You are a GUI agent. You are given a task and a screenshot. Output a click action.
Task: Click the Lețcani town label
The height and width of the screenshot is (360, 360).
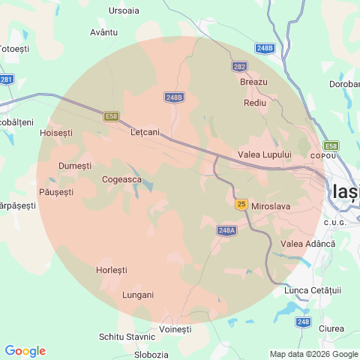[x=145, y=132]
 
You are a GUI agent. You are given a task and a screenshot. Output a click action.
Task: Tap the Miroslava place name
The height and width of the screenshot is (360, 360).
[x=271, y=205]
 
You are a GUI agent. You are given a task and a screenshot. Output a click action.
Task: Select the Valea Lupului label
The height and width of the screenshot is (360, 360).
[x=264, y=154]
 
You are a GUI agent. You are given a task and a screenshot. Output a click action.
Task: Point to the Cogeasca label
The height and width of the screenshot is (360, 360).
[x=121, y=179]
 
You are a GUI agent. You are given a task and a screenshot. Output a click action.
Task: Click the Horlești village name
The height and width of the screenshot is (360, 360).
[x=112, y=269]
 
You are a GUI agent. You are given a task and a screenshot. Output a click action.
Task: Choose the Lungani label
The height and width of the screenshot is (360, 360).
[x=137, y=295]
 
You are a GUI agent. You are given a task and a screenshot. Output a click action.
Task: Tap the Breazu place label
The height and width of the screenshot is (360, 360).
[x=253, y=82]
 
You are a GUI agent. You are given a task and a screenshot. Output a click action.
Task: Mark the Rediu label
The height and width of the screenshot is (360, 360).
[x=255, y=102]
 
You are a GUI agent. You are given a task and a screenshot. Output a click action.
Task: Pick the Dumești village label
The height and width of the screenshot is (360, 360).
[x=75, y=165]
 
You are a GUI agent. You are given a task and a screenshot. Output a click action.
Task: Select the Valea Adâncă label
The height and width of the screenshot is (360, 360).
[x=308, y=244]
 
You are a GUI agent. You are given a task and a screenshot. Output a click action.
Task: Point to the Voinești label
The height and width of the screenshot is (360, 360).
[x=176, y=329]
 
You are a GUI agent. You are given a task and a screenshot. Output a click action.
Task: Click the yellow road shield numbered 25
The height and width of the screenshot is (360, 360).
[x=241, y=204]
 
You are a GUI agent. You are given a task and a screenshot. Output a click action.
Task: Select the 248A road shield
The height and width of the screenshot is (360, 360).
[x=227, y=230]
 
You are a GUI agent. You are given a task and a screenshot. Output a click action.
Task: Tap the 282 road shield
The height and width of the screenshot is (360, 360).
[x=239, y=67]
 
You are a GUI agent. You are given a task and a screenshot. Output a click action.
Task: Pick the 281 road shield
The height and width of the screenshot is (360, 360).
[x=6, y=79]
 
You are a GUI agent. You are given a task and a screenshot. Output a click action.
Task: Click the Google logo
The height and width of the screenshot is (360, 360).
[x=25, y=351]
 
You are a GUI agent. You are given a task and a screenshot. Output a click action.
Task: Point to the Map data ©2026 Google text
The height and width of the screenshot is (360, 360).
[x=314, y=354]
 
